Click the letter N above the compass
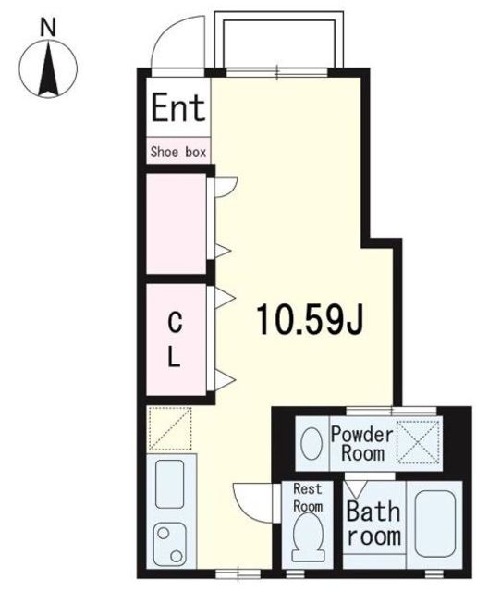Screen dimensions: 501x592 click(48, 29)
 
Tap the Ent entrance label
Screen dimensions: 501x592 click(178, 107)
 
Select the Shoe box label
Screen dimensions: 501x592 click(178, 152)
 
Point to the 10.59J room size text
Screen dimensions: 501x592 click(310, 319)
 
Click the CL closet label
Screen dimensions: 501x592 click(175, 339)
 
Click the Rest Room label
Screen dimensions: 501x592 click(308, 498)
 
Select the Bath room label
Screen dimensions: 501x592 click(373, 524)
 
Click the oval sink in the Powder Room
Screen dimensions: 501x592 click(312, 443)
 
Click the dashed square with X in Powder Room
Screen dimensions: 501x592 click(419, 441)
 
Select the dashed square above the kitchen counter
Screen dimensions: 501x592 click(169, 428)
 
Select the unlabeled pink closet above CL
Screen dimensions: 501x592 click(177, 223)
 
